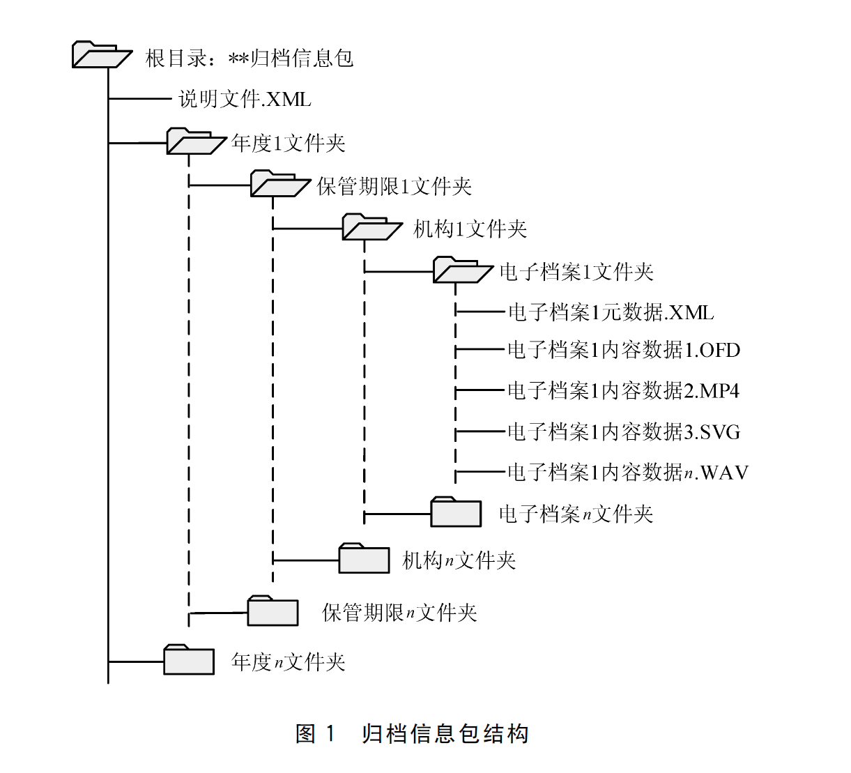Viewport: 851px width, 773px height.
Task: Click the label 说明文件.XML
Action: [x=245, y=99]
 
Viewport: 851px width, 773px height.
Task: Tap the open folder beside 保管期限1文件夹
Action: [x=279, y=184]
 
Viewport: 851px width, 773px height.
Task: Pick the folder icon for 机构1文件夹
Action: [x=371, y=227]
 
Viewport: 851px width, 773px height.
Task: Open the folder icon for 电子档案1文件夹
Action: [x=462, y=270]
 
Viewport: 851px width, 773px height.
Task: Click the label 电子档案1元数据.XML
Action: [x=611, y=312]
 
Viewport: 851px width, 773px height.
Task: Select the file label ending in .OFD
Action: [x=623, y=350]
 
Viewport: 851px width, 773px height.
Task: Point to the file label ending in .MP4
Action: [x=623, y=391]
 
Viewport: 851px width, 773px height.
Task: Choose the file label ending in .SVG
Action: [x=623, y=432]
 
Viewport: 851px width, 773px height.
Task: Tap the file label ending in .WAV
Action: [x=627, y=473]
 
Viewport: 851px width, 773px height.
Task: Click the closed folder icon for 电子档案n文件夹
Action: [x=456, y=512]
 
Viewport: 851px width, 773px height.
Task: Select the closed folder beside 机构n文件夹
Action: [x=364, y=558]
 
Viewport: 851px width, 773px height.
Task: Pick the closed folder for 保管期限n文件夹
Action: [x=273, y=611]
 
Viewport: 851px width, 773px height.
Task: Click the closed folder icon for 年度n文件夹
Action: [x=189, y=659]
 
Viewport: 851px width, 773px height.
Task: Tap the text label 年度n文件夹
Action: [x=289, y=661]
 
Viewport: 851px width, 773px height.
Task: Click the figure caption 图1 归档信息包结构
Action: [x=412, y=733]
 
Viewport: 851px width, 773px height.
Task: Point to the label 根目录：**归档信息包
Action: [x=250, y=58]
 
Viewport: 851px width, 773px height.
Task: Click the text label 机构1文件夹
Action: [x=470, y=229]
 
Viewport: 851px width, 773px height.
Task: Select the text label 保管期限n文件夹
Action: [x=399, y=613]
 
